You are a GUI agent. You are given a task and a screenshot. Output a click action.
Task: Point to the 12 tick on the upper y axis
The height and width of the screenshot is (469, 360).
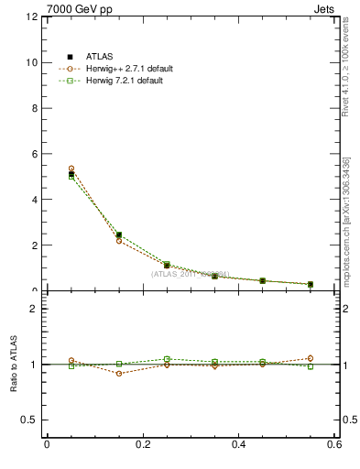point(32,17)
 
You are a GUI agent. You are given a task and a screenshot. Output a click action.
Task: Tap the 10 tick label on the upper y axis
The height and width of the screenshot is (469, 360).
point(32,63)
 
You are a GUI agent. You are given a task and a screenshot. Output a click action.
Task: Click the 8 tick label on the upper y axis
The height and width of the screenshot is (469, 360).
point(35,109)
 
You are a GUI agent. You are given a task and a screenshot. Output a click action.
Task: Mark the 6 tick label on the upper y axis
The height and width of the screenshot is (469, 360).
point(35,155)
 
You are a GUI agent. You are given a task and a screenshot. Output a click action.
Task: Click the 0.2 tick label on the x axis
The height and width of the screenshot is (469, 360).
point(143,445)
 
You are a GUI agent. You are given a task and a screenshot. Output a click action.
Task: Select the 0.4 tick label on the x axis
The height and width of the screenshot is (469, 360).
point(239,445)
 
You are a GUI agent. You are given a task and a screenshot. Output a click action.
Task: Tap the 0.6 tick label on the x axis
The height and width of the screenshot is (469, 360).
point(334,445)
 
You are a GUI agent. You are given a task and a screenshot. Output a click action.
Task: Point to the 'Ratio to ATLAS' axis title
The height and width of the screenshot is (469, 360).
point(15,365)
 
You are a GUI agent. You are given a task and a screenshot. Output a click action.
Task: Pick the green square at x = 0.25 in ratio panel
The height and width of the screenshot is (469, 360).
point(167,359)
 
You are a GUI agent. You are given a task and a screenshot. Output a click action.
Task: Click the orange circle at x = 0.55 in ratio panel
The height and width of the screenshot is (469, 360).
point(311,358)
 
